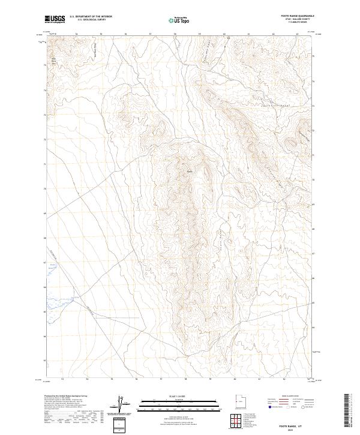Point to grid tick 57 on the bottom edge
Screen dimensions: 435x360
(161, 379)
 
